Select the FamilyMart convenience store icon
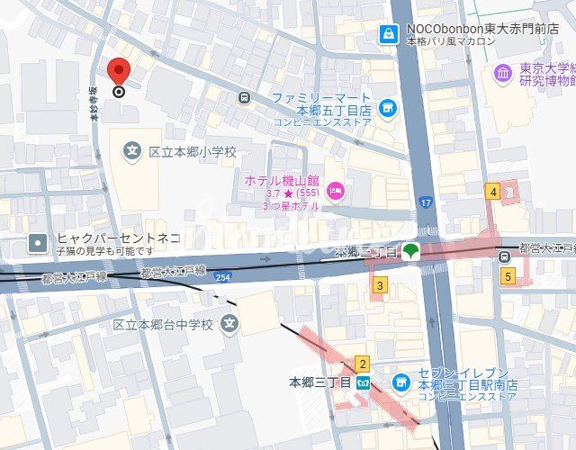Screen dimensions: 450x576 pyautogui.click(x=388, y=109)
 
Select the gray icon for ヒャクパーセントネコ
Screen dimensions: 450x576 pyautogui.click(x=37, y=242)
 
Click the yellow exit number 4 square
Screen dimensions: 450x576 pyautogui.click(x=492, y=191)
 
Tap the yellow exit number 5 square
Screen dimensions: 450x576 pyautogui.click(x=508, y=276)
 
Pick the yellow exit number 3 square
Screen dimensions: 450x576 pyautogui.click(x=380, y=286)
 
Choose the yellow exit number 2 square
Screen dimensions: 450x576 pyautogui.click(x=362, y=364)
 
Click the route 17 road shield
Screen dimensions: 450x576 pyautogui.click(x=424, y=204)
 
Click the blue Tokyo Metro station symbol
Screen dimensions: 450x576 pyautogui.click(x=364, y=382)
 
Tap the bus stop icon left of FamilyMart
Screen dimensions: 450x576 pyautogui.click(x=244, y=97)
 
